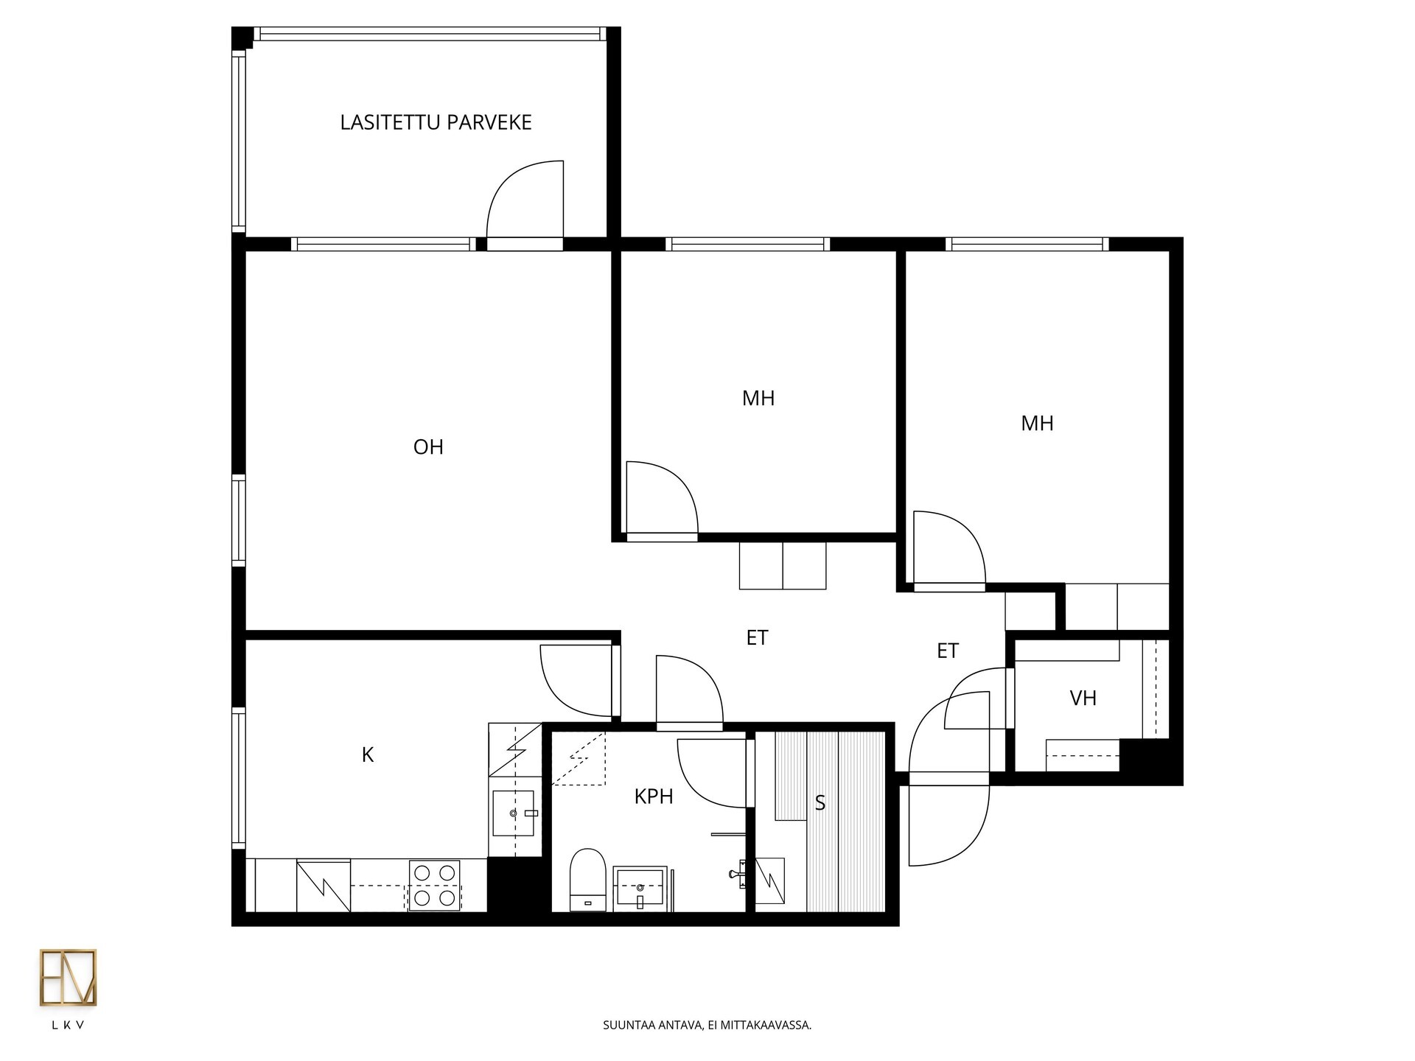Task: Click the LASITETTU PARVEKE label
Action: [x=436, y=122]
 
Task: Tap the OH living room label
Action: [x=428, y=447]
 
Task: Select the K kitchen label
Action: [x=368, y=754]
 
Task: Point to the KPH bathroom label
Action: [x=654, y=796]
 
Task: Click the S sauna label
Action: [x=820, y=803]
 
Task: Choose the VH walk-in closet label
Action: [x=1083, y=698]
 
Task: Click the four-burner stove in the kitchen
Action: [x=434, y=885]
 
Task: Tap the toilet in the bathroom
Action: [x=588, y=879]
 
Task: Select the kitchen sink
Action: [x=513, y=813]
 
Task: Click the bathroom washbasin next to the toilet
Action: [x=640, y=889]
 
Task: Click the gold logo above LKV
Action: [x=68, y=978]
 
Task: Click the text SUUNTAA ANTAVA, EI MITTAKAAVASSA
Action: [x=707, y=1025]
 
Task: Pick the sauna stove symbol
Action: [x=770, y=880]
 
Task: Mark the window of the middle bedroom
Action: [x=747, y=244]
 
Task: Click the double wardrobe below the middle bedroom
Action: [x=783, y=565]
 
